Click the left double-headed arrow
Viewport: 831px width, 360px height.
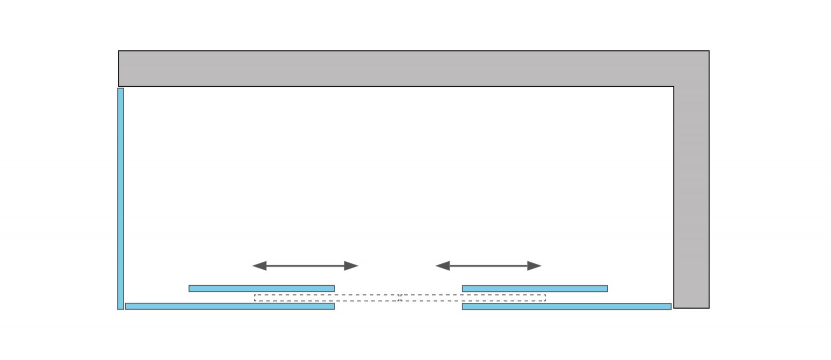(x=305, y=266)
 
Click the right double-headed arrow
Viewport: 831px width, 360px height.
(x=488, y=266)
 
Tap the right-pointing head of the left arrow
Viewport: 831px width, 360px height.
(x=352, y=266)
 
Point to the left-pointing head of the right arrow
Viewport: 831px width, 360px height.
(x=443, y=266)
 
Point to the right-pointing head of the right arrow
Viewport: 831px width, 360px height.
(x=534, y=266)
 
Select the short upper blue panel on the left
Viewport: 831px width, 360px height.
(x=262, y=288)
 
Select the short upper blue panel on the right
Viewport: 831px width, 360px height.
(x=535, y=288)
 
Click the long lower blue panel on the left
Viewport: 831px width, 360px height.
(x=230, y=306)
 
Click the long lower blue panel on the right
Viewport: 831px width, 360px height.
(x=567, y=306)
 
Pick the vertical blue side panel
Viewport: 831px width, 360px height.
(x=120, y=198)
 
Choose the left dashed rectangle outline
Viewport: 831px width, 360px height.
(x=326, y=298)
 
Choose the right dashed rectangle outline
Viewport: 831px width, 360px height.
(x=473, y=298)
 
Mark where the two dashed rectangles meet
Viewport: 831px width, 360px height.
(x=400, y=298)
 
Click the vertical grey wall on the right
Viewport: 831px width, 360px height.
(x=691, y=197)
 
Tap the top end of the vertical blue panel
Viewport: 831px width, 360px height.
(x=120, y=90)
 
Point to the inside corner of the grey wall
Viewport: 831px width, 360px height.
(x=674, y=86)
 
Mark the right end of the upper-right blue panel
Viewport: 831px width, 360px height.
(x=606, y=288)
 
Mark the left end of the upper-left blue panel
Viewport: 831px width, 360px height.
(x=191, y=288)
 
